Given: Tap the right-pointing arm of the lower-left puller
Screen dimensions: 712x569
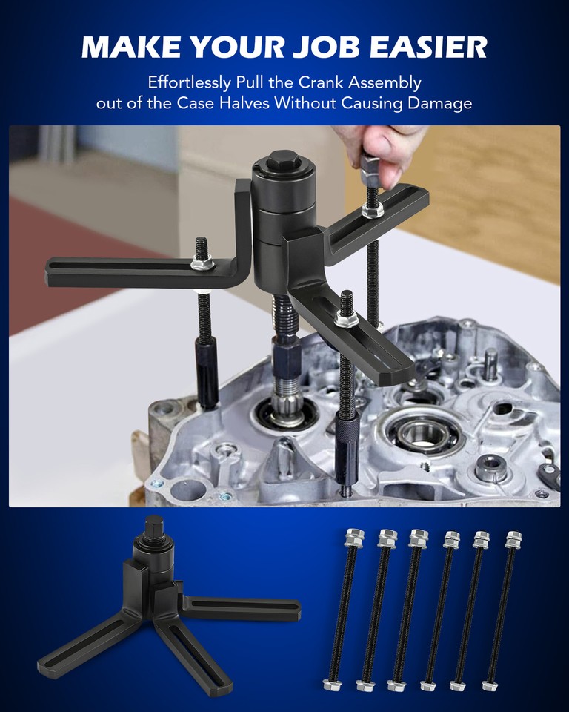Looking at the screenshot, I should click(244, 605).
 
